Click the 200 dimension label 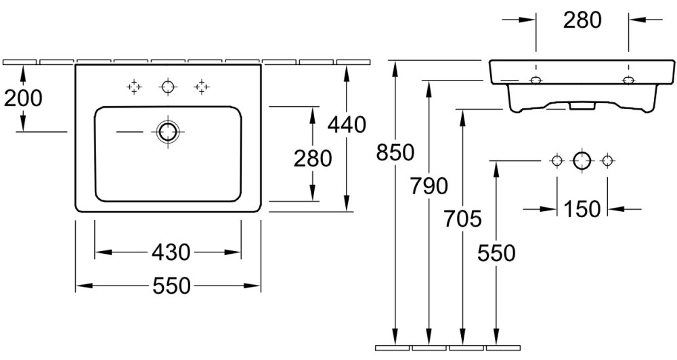pos(23,98)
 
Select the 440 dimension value pos(346,124)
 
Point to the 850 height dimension pos(394,153)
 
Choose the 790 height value pos(429,185)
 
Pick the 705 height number pos(463,219)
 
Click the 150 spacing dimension pos(582,209)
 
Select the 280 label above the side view pos(582,20)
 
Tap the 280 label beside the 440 pos(312,158)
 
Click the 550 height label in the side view pos(496,253)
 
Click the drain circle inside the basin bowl pos(167,131)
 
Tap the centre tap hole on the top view pos(167,87)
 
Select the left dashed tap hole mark pos(134,87)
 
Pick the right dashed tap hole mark pos(200,87)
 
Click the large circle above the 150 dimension pos(582,160)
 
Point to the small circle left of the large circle pos(556,160)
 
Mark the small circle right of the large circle pos(607,160)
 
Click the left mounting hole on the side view pos(536,81)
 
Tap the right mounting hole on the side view pos(629,81)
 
